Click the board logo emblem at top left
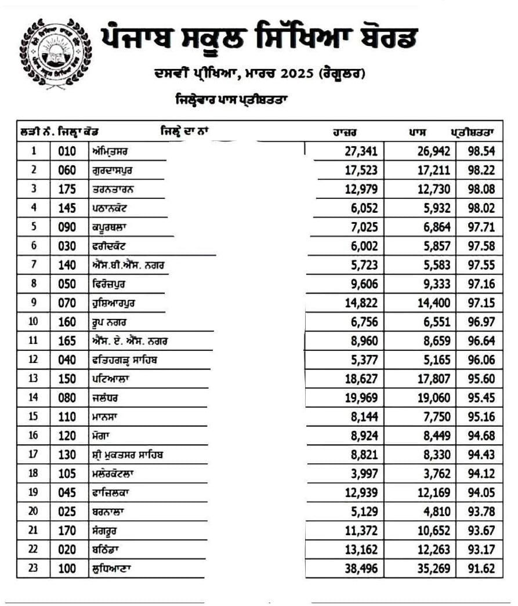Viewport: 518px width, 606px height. (56, 54)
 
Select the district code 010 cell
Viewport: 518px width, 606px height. (67, 151)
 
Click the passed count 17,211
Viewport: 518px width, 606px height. (432, 170)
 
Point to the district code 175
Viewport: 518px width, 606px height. (67, 189)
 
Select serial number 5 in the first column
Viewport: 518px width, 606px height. (34, 227)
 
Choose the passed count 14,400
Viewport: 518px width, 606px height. (432, 303)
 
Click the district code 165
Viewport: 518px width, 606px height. (67, 341)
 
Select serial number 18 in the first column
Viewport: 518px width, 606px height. (34, 473)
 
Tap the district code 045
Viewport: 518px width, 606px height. (67, 492)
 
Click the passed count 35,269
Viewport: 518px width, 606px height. (432, 568)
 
